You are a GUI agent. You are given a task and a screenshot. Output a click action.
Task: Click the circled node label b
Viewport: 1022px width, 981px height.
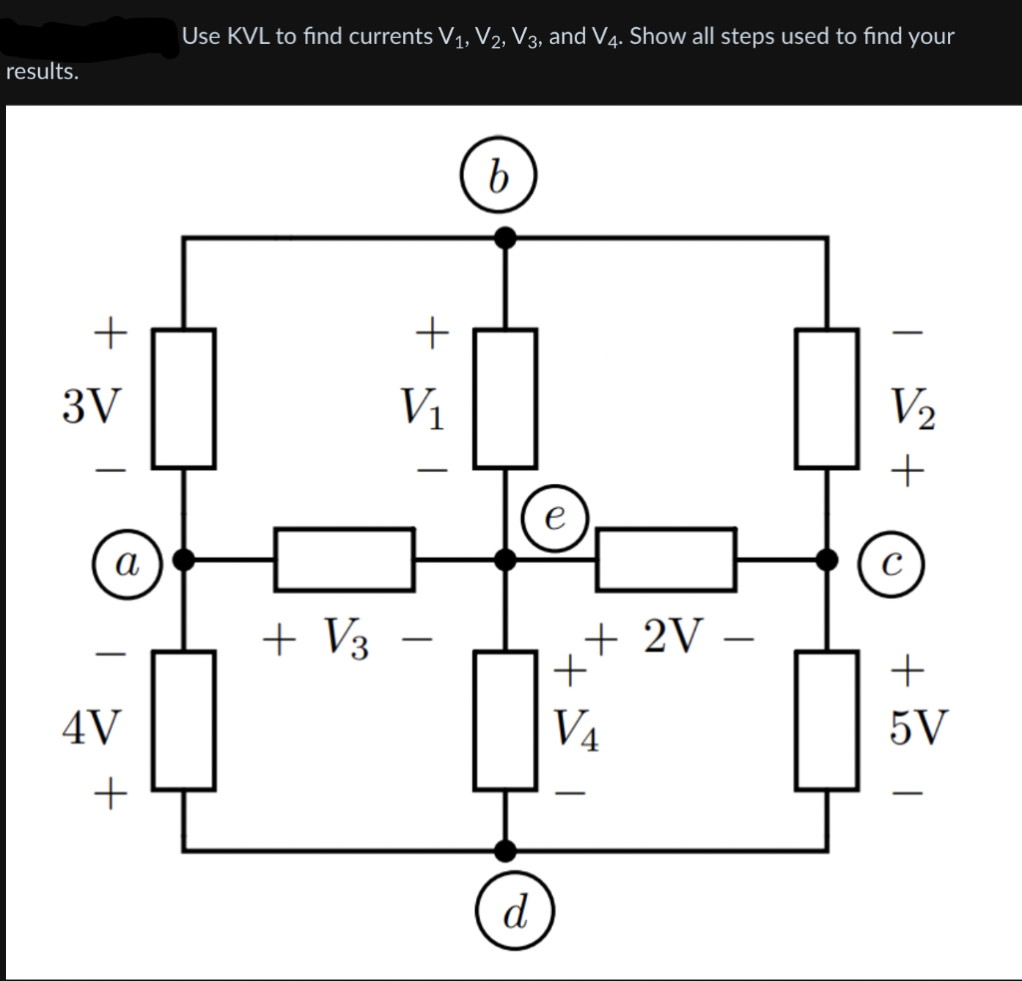499,179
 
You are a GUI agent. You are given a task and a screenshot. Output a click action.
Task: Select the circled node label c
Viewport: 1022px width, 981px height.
888,565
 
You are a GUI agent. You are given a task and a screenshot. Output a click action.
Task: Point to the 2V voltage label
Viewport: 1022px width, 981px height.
677,633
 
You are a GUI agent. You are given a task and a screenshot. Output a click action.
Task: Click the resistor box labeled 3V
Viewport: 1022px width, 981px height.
184,398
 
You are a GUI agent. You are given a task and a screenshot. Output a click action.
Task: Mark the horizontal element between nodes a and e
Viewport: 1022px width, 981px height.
344,560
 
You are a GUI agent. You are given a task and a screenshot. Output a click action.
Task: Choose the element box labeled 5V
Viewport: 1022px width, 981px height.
827,720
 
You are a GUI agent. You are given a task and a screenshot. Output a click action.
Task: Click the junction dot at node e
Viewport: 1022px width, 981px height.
506,560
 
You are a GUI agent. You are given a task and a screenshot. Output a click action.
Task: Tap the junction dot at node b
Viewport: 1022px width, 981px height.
506,238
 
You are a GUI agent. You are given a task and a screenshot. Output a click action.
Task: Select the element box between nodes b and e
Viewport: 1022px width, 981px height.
505,398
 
